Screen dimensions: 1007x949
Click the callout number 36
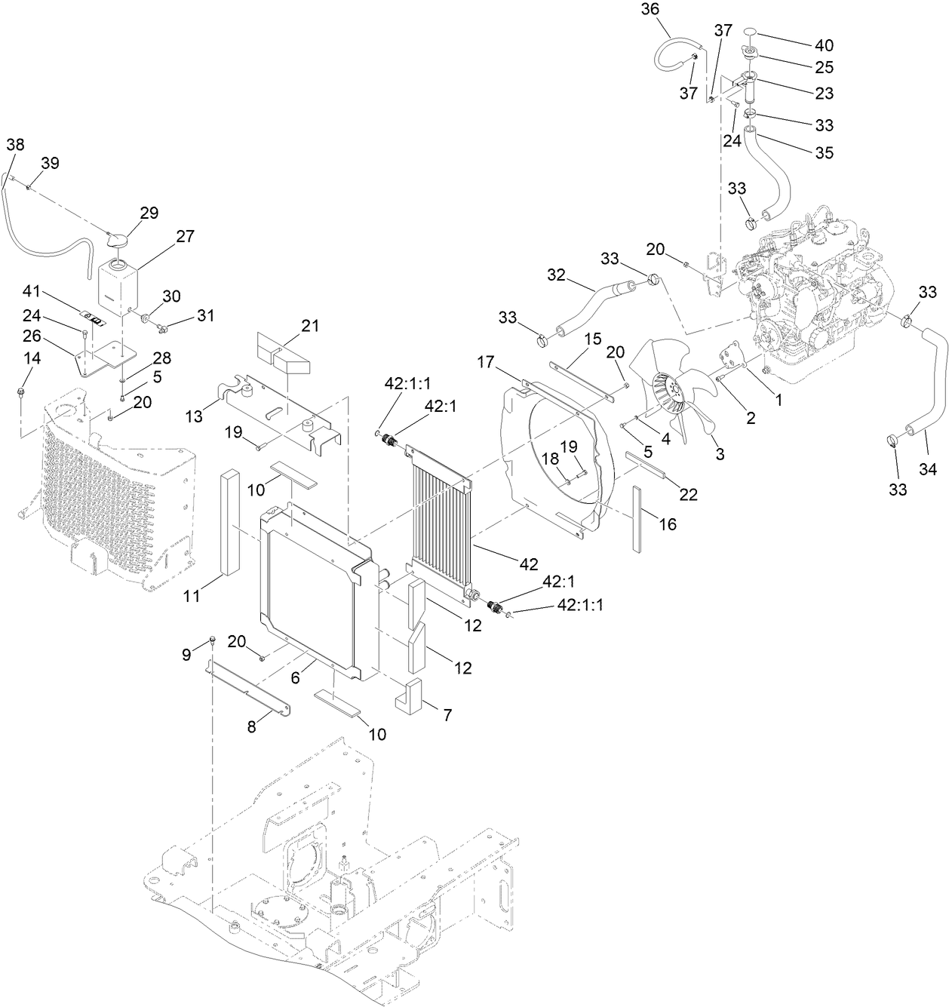coord(649,10)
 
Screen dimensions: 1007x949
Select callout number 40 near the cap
coord(803,45)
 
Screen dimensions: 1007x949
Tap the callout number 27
coord(185,236)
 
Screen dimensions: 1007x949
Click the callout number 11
coord(192,596)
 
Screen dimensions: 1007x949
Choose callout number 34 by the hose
coord(927,471)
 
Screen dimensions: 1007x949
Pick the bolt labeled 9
coord(213,641)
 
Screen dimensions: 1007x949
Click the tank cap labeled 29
coord(118,239)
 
